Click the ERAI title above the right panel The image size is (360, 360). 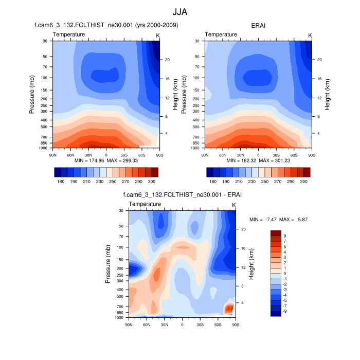coord(259,25)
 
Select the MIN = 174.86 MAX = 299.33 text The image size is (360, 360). coord(106,160)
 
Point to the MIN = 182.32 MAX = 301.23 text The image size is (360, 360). coord(259,160)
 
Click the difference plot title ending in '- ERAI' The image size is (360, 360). coord(182,195)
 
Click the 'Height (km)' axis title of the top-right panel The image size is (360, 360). coord(327,94)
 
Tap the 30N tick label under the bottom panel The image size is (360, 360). coord(165,325)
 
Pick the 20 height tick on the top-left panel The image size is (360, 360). coord(168,60)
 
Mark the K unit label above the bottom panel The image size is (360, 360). coord(234,206)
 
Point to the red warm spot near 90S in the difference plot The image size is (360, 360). coord(229,308)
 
